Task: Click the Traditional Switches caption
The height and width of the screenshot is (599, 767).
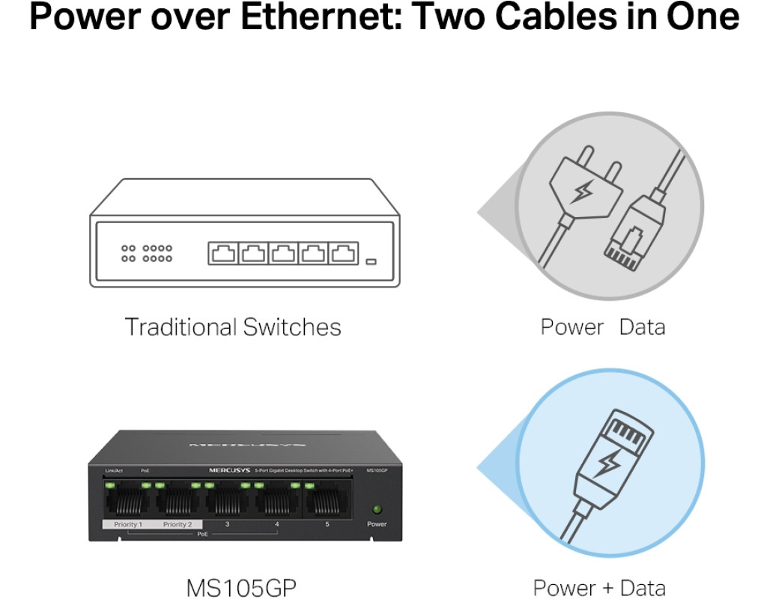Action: (232, 327)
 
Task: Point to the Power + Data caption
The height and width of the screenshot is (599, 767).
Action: (598, 587)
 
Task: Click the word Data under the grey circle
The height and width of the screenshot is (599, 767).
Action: (642, 327)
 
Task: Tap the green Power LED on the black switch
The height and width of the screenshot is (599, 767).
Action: (377, 509)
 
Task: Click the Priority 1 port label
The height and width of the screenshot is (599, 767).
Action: (127, 524)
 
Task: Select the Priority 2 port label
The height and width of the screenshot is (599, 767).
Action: (178, 524)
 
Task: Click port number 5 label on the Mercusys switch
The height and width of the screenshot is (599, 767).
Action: (327, 524)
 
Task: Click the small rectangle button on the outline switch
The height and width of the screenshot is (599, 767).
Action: (371, 262)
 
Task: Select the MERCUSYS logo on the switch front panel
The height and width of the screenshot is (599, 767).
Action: (229, 469)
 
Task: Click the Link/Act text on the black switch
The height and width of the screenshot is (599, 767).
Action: (113, 469)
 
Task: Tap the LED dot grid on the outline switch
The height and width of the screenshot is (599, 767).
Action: (147, 253)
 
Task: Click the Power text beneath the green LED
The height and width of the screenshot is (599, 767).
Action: (377, 524)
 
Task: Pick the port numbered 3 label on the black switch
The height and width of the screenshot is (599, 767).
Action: (227, 524)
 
